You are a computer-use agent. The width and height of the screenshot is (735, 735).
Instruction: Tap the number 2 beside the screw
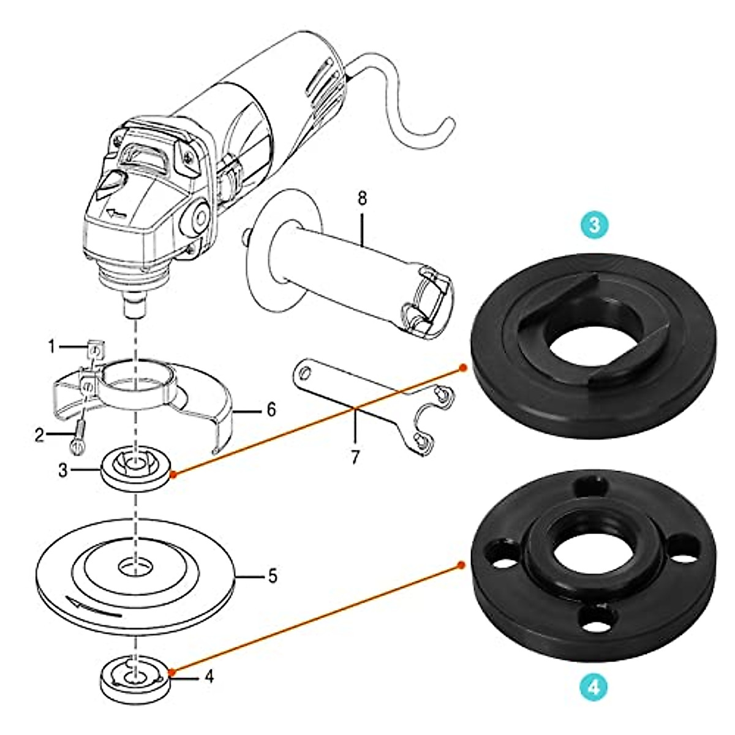[x=40, y=435]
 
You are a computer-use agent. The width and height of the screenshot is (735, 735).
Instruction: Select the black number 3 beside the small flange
[x=63, y=470]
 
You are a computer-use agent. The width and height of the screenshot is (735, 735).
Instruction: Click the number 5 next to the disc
[x=273, y=576]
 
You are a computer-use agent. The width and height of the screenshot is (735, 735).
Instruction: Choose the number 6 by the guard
[x=271, y=410]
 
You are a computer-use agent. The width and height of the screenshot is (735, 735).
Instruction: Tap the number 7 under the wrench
[x=355, y=457]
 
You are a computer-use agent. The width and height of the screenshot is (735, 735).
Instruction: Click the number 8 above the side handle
[x=362, y=198]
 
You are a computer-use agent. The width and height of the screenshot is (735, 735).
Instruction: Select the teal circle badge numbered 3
[x=595, y=225]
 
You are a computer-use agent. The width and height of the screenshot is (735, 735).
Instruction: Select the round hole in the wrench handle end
[x=304, y=375]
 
